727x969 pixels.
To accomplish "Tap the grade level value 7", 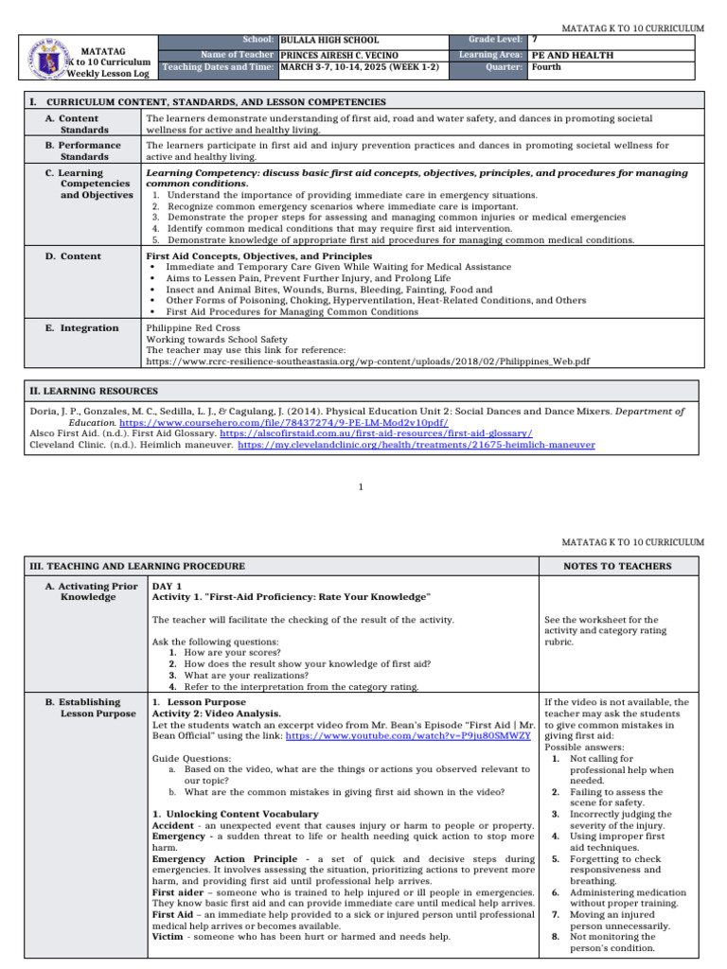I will tap(536, 41).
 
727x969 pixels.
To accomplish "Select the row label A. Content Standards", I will tap(84, 124).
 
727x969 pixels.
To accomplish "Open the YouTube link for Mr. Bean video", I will tap(421, 735).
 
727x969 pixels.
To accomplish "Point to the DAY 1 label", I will tap(168, 587).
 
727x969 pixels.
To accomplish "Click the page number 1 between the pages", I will tap(362, 486).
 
